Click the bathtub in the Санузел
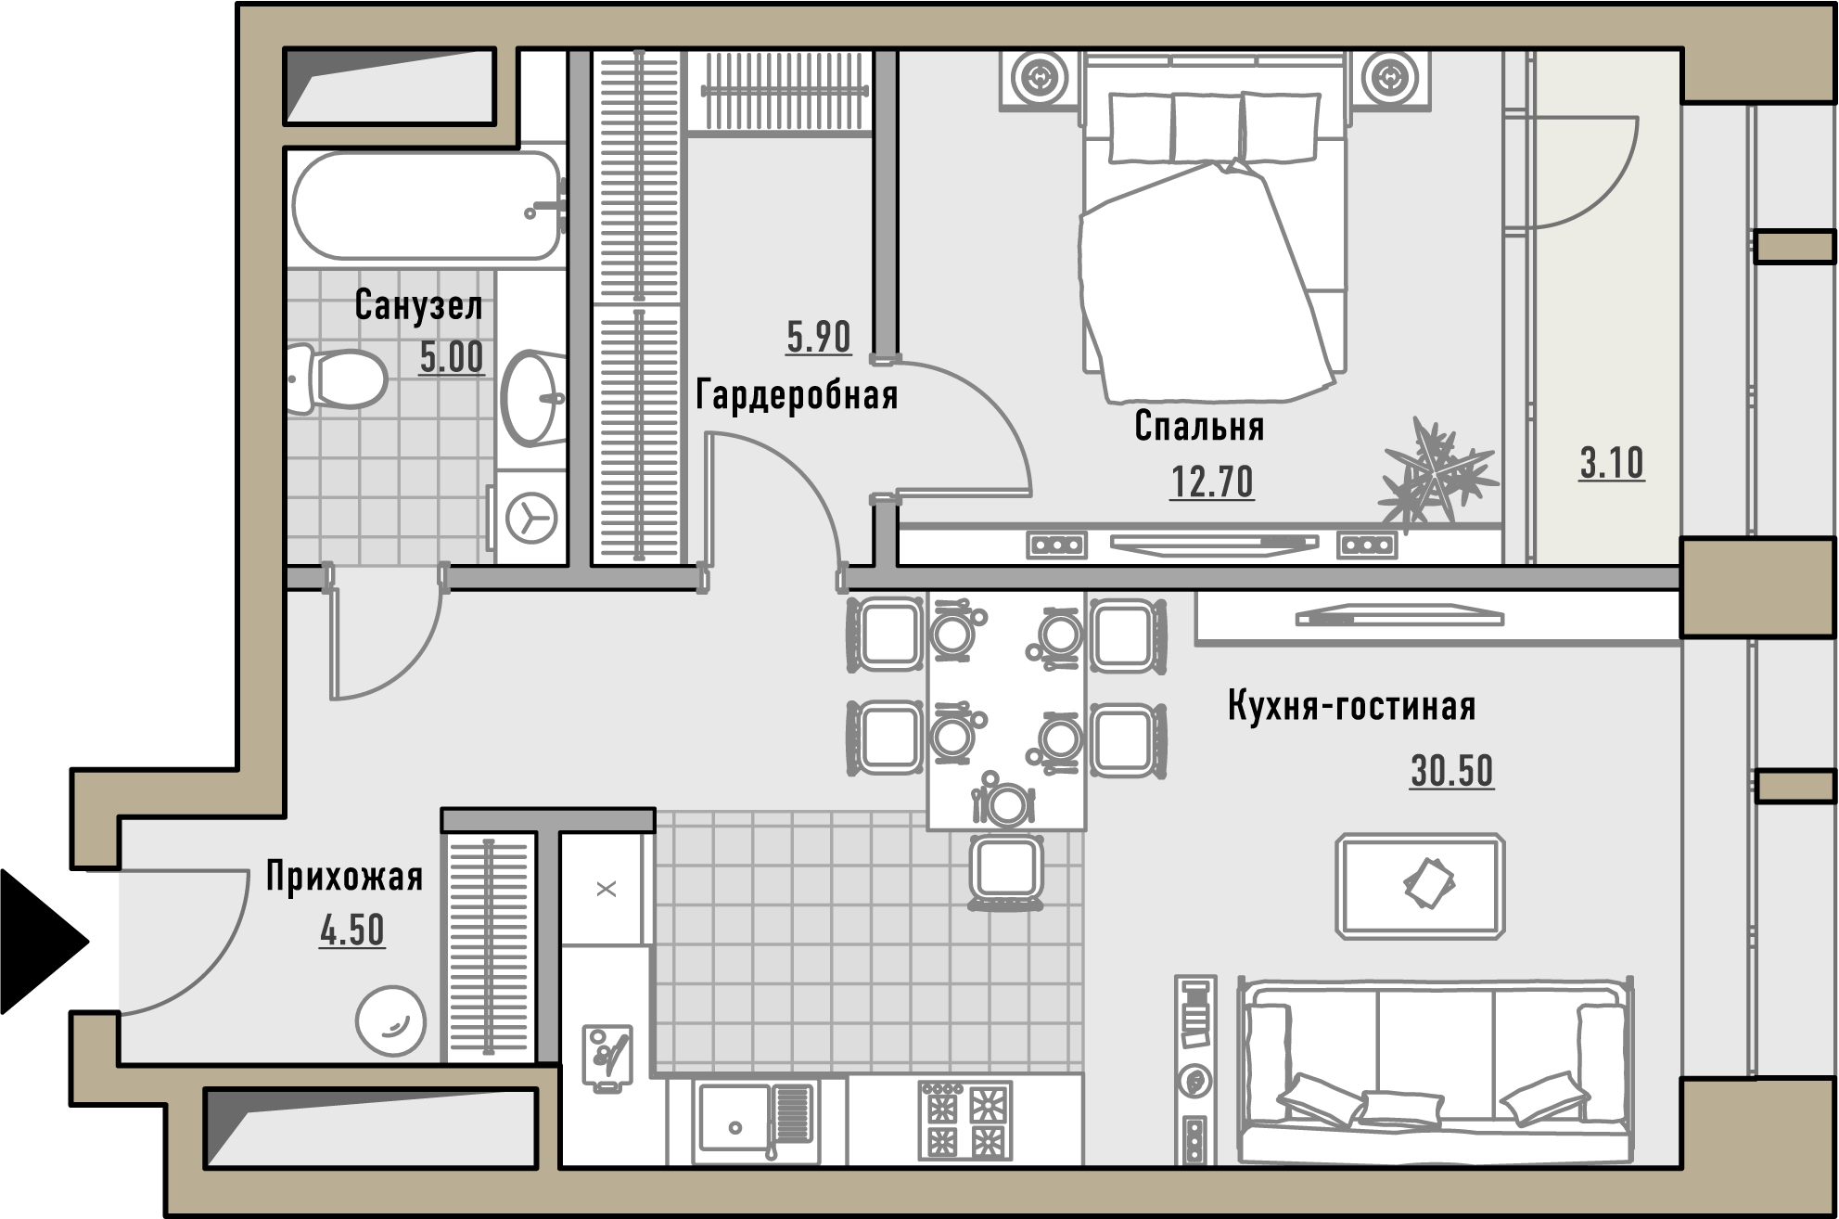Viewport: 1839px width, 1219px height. point(428,204)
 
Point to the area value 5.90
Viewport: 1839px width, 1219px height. point(818,337)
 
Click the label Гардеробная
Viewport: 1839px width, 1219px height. point(797,394)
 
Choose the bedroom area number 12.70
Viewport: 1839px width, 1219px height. point(1211,481)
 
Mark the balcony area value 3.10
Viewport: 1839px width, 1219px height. point(1612,463)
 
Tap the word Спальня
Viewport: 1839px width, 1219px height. point(1199,426)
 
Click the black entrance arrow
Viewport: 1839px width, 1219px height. point(42,942)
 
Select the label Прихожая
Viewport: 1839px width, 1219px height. point(344,876)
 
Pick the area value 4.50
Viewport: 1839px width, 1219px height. point(351,930)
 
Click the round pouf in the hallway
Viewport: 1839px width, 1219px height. point(390,1020)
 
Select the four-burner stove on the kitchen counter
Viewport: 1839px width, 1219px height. point(964,1120)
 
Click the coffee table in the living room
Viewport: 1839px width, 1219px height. point(1420,886)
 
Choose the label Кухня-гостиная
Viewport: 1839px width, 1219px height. point(1351,706)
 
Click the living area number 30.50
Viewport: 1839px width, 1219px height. point(1451,771)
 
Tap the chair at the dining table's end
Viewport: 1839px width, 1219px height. point(1006,870)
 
